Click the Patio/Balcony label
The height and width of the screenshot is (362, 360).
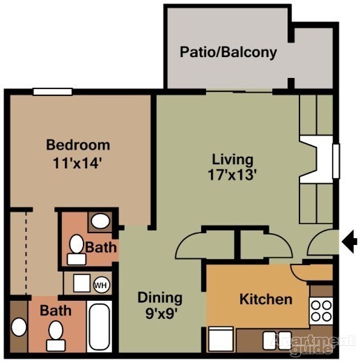coord(228,52)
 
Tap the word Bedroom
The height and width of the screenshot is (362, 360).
coord(78,145)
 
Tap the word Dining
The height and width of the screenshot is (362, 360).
coord(159,298)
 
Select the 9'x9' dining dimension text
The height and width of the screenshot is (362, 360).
coord(159,314)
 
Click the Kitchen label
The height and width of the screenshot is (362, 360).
coord(266,299)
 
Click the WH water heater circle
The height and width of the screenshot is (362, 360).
coord(101,284)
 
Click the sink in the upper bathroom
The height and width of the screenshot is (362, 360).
coord(102,222)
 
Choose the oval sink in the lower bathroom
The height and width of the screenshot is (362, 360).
coord(17,326)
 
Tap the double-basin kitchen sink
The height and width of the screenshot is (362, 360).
coord(277,340)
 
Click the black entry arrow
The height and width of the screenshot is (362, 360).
coord(350,242)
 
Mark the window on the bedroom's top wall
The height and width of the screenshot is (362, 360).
coord(52,90)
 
